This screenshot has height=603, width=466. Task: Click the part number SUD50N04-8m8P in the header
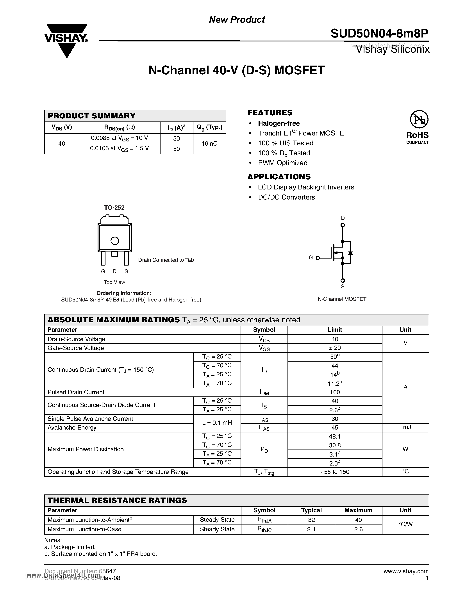[379, 34]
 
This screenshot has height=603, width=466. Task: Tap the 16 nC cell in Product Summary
[209, 144]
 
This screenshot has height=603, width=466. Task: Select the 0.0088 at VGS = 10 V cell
[119, 138]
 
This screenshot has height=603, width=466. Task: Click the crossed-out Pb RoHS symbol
[419, 120]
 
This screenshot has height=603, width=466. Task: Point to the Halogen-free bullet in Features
[279, 123]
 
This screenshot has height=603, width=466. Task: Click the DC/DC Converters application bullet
[286, 197]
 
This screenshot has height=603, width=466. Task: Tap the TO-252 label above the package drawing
[114, 208]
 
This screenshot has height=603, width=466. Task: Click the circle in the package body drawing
[114, 241]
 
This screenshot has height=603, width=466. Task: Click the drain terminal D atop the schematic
[343, 225]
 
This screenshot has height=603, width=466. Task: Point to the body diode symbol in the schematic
[350, 253]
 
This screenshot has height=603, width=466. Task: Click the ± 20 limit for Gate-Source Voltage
[335, 348]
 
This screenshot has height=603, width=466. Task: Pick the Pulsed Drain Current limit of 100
[335, 392]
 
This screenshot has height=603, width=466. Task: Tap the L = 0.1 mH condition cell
[217, 423]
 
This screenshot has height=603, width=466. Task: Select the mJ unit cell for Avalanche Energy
[405, 427]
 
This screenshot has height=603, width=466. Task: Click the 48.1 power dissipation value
[335, 437]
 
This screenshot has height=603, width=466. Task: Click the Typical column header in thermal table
[311, 510]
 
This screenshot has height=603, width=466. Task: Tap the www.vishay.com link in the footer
[406, 571]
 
